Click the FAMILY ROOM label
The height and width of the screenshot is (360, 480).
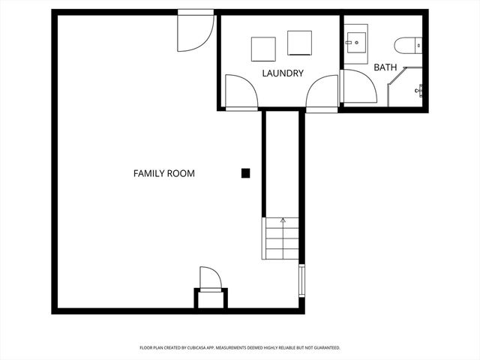(163, 174)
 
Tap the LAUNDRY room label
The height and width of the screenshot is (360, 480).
(283, 73)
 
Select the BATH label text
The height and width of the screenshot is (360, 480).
(385, 67)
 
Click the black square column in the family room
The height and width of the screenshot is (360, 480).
(245, 173)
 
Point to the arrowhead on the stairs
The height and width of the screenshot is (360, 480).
(283, 220)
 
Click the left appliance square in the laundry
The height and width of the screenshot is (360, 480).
(263, 49)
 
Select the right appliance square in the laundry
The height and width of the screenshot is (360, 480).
(299, 43)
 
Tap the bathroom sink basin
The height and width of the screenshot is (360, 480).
(355, 42)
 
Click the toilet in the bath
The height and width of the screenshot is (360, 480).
(409, 46)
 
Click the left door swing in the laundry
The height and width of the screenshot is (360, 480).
(240, 92)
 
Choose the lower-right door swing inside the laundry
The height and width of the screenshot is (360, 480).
(322, 92)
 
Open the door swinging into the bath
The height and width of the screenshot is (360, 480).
(358, 86)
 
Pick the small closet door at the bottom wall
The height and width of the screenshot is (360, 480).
(210, 279)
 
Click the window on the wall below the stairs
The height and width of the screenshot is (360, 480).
(301, 280)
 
